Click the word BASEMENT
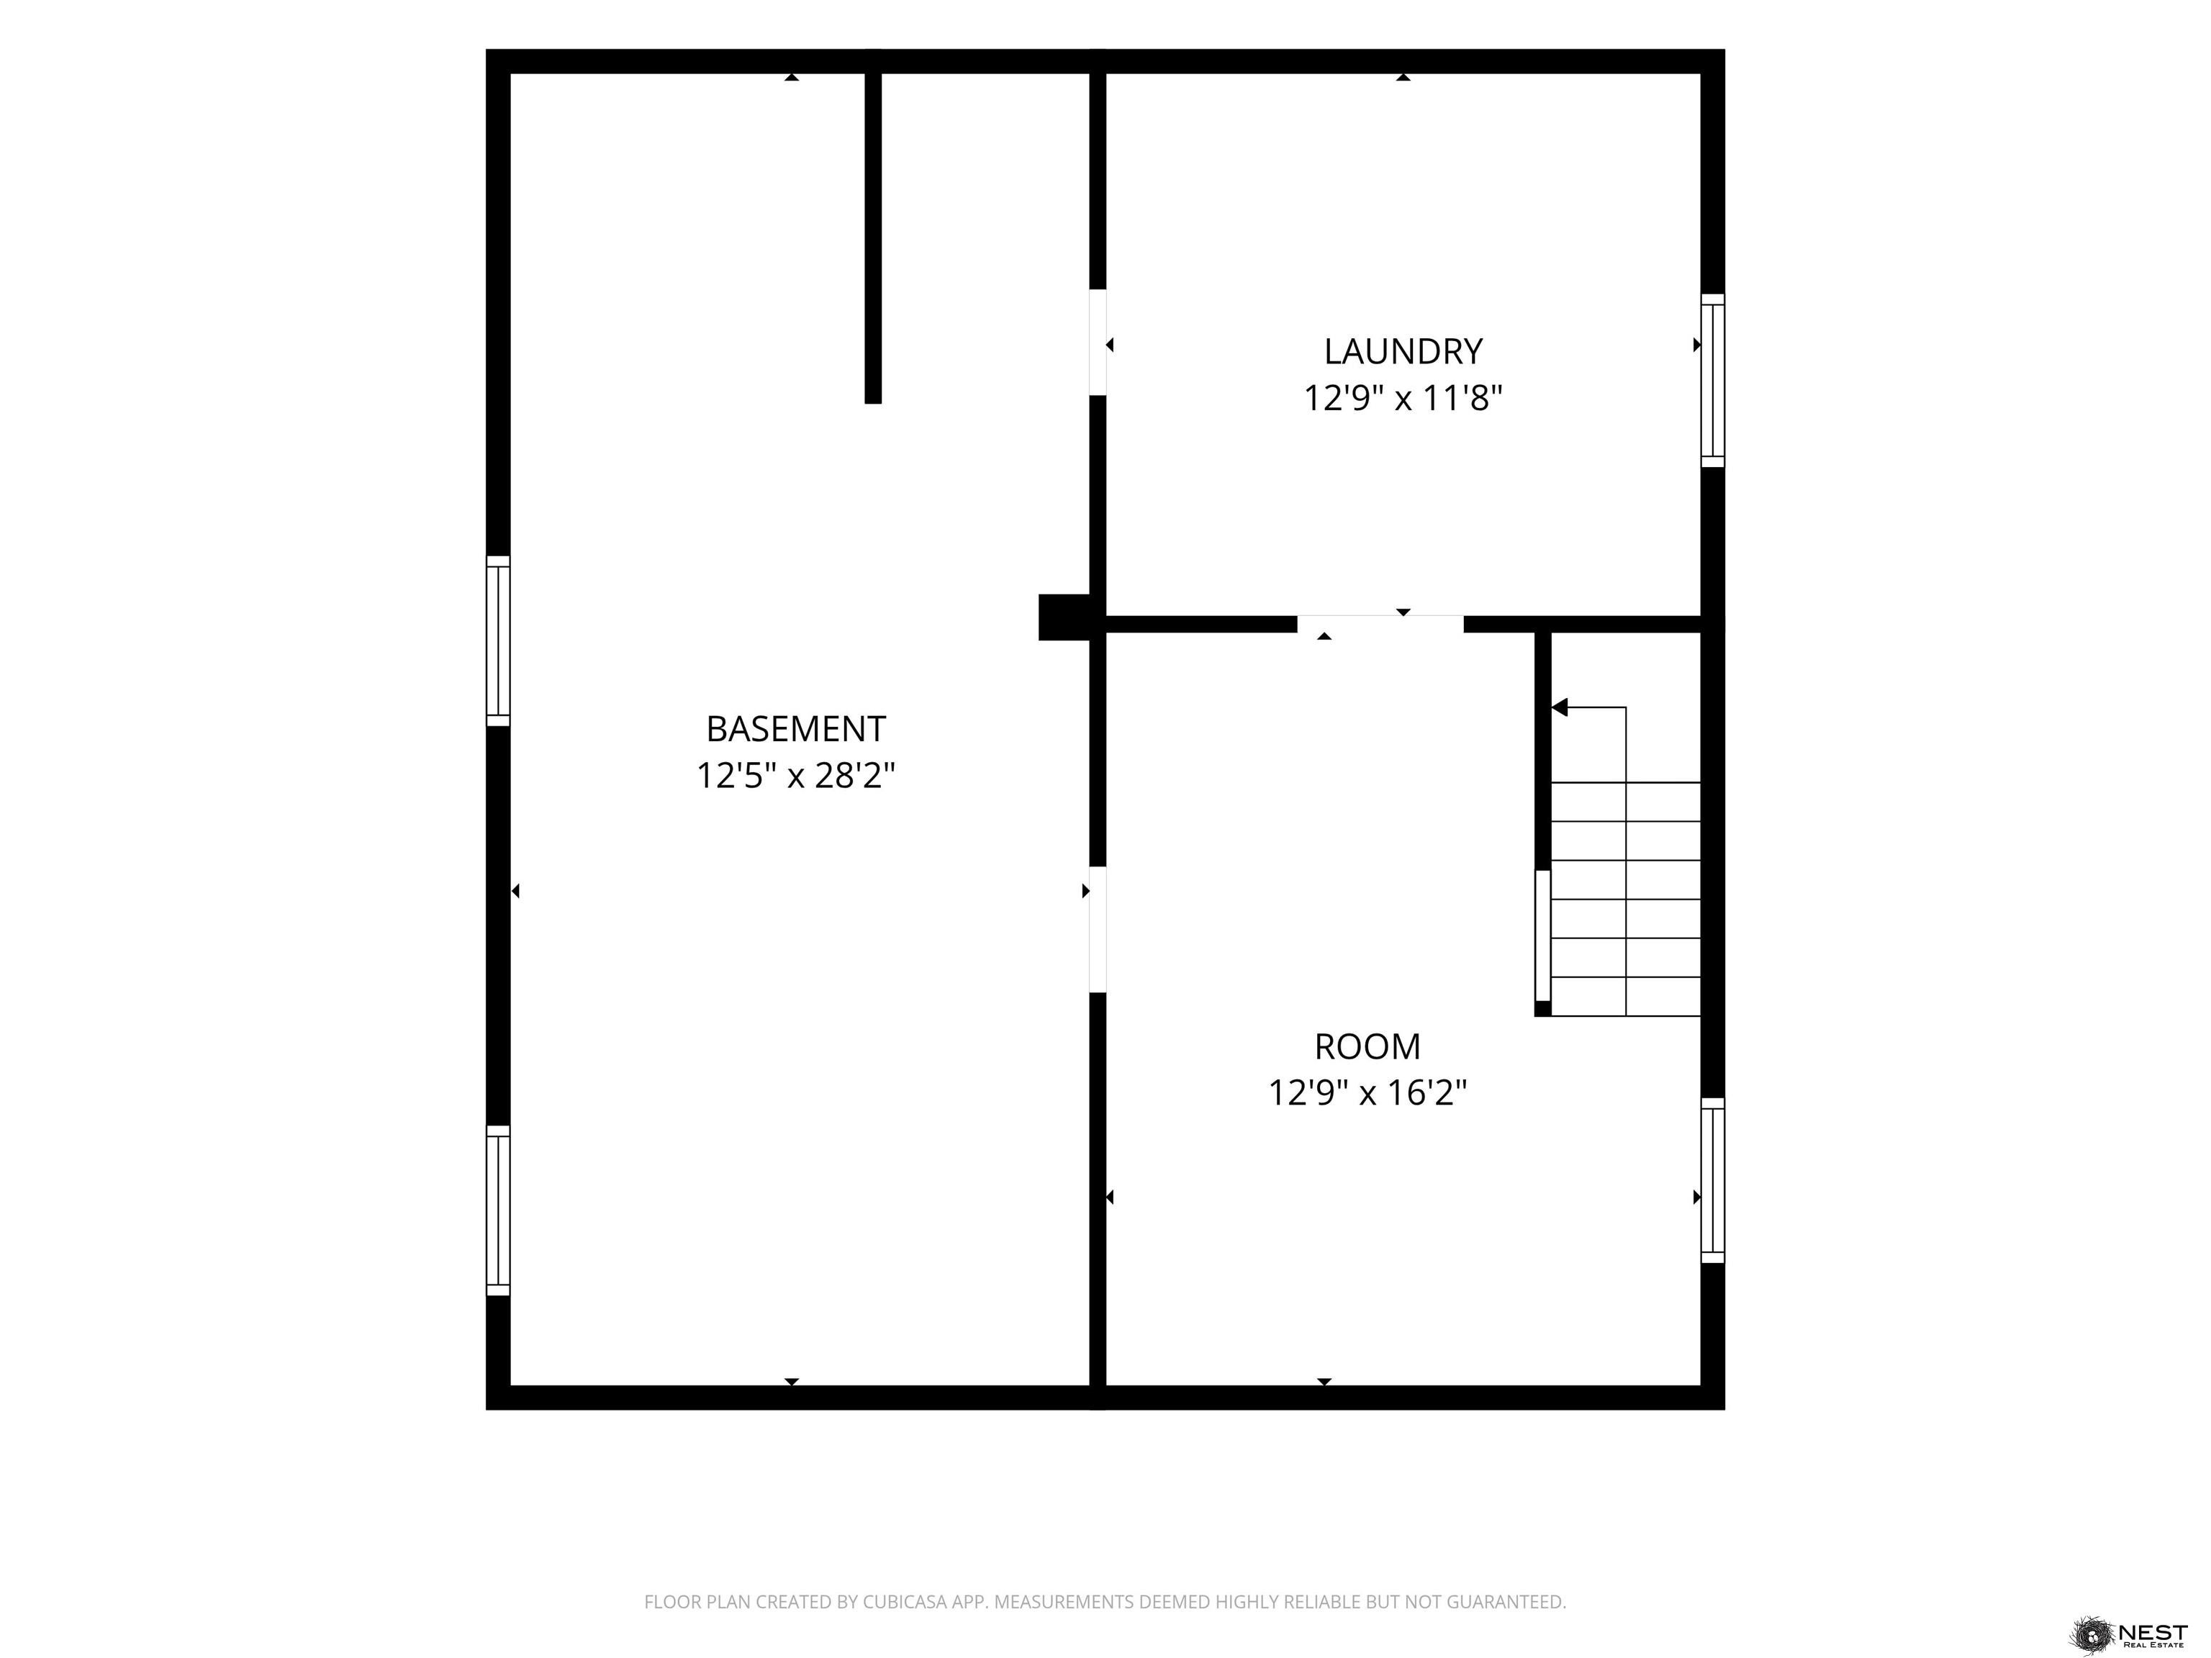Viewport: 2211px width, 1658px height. (795, 728)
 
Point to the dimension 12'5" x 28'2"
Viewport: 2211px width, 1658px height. (795, 776)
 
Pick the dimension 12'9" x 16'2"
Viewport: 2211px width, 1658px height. (1367, 1093)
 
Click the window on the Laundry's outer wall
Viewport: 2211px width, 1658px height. (1713, 381)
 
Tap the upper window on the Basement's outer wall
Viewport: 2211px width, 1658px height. (498, 640)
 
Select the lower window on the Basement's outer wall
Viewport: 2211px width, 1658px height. (498, 1210)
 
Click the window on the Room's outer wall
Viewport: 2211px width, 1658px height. (1713, 1180)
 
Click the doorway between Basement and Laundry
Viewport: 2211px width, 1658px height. (1098, 342)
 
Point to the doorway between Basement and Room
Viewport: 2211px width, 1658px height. (1098, 930)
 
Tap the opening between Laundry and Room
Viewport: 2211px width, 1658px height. (1380, 625)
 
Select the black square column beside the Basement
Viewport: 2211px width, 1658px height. (1064, 617)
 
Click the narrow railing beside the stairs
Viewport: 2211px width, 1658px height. (1542, 936)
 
